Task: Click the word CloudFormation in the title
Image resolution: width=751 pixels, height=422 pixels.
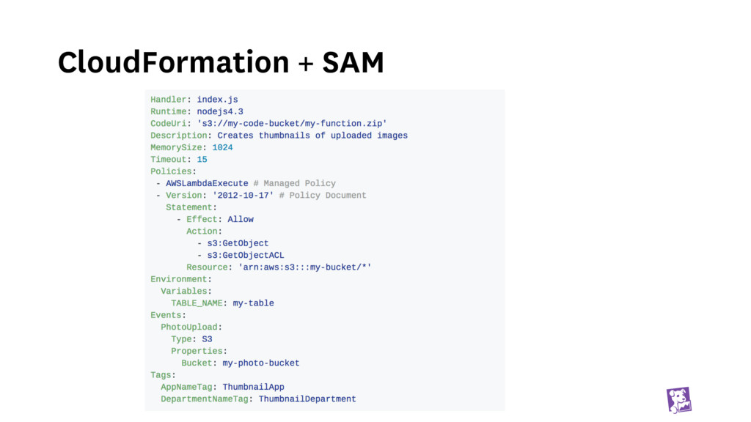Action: [173, 62]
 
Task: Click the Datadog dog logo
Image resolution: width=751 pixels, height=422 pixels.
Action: [678, 400]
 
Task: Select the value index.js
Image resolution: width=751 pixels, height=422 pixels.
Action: [217, 100]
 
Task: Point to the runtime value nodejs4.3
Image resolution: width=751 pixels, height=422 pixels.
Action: [220, 111]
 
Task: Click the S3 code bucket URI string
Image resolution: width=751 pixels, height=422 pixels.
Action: [292, 123]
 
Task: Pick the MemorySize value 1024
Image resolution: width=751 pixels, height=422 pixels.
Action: [222, 147]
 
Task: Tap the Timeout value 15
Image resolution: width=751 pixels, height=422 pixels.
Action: [202, 159]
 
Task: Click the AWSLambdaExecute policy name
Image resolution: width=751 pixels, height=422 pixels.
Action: [207, 183]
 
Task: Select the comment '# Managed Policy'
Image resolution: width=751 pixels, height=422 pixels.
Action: [294, 183]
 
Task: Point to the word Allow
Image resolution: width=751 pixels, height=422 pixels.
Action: [241, 219]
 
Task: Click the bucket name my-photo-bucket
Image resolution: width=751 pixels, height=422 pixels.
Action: [261, 363]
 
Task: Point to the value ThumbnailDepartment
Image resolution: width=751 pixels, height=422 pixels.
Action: [307, 399]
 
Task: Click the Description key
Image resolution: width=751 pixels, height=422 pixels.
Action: [179, 136]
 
